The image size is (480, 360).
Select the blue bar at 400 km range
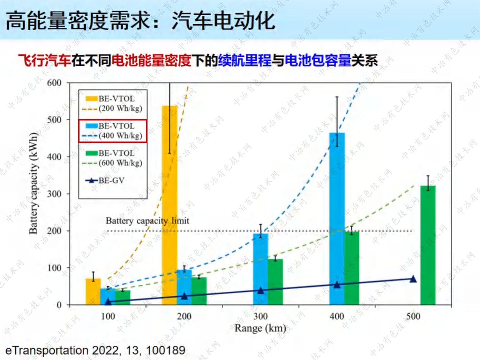337,219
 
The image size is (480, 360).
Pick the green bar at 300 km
275,282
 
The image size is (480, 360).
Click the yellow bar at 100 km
93,292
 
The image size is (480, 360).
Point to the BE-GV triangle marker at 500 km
413,279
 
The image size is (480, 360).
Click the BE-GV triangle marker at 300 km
260,290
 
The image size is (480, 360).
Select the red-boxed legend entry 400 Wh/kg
113,131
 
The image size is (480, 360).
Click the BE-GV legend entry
105,181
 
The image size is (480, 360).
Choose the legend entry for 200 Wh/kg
113,103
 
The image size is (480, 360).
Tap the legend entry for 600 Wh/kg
113,158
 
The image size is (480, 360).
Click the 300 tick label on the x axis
260,316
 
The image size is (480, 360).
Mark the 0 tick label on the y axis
59,305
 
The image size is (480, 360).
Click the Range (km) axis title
260,328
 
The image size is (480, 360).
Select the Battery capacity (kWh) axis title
33,183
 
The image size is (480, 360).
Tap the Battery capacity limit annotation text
147,221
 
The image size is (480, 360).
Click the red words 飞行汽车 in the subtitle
44,60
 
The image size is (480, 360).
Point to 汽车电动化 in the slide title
223,21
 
